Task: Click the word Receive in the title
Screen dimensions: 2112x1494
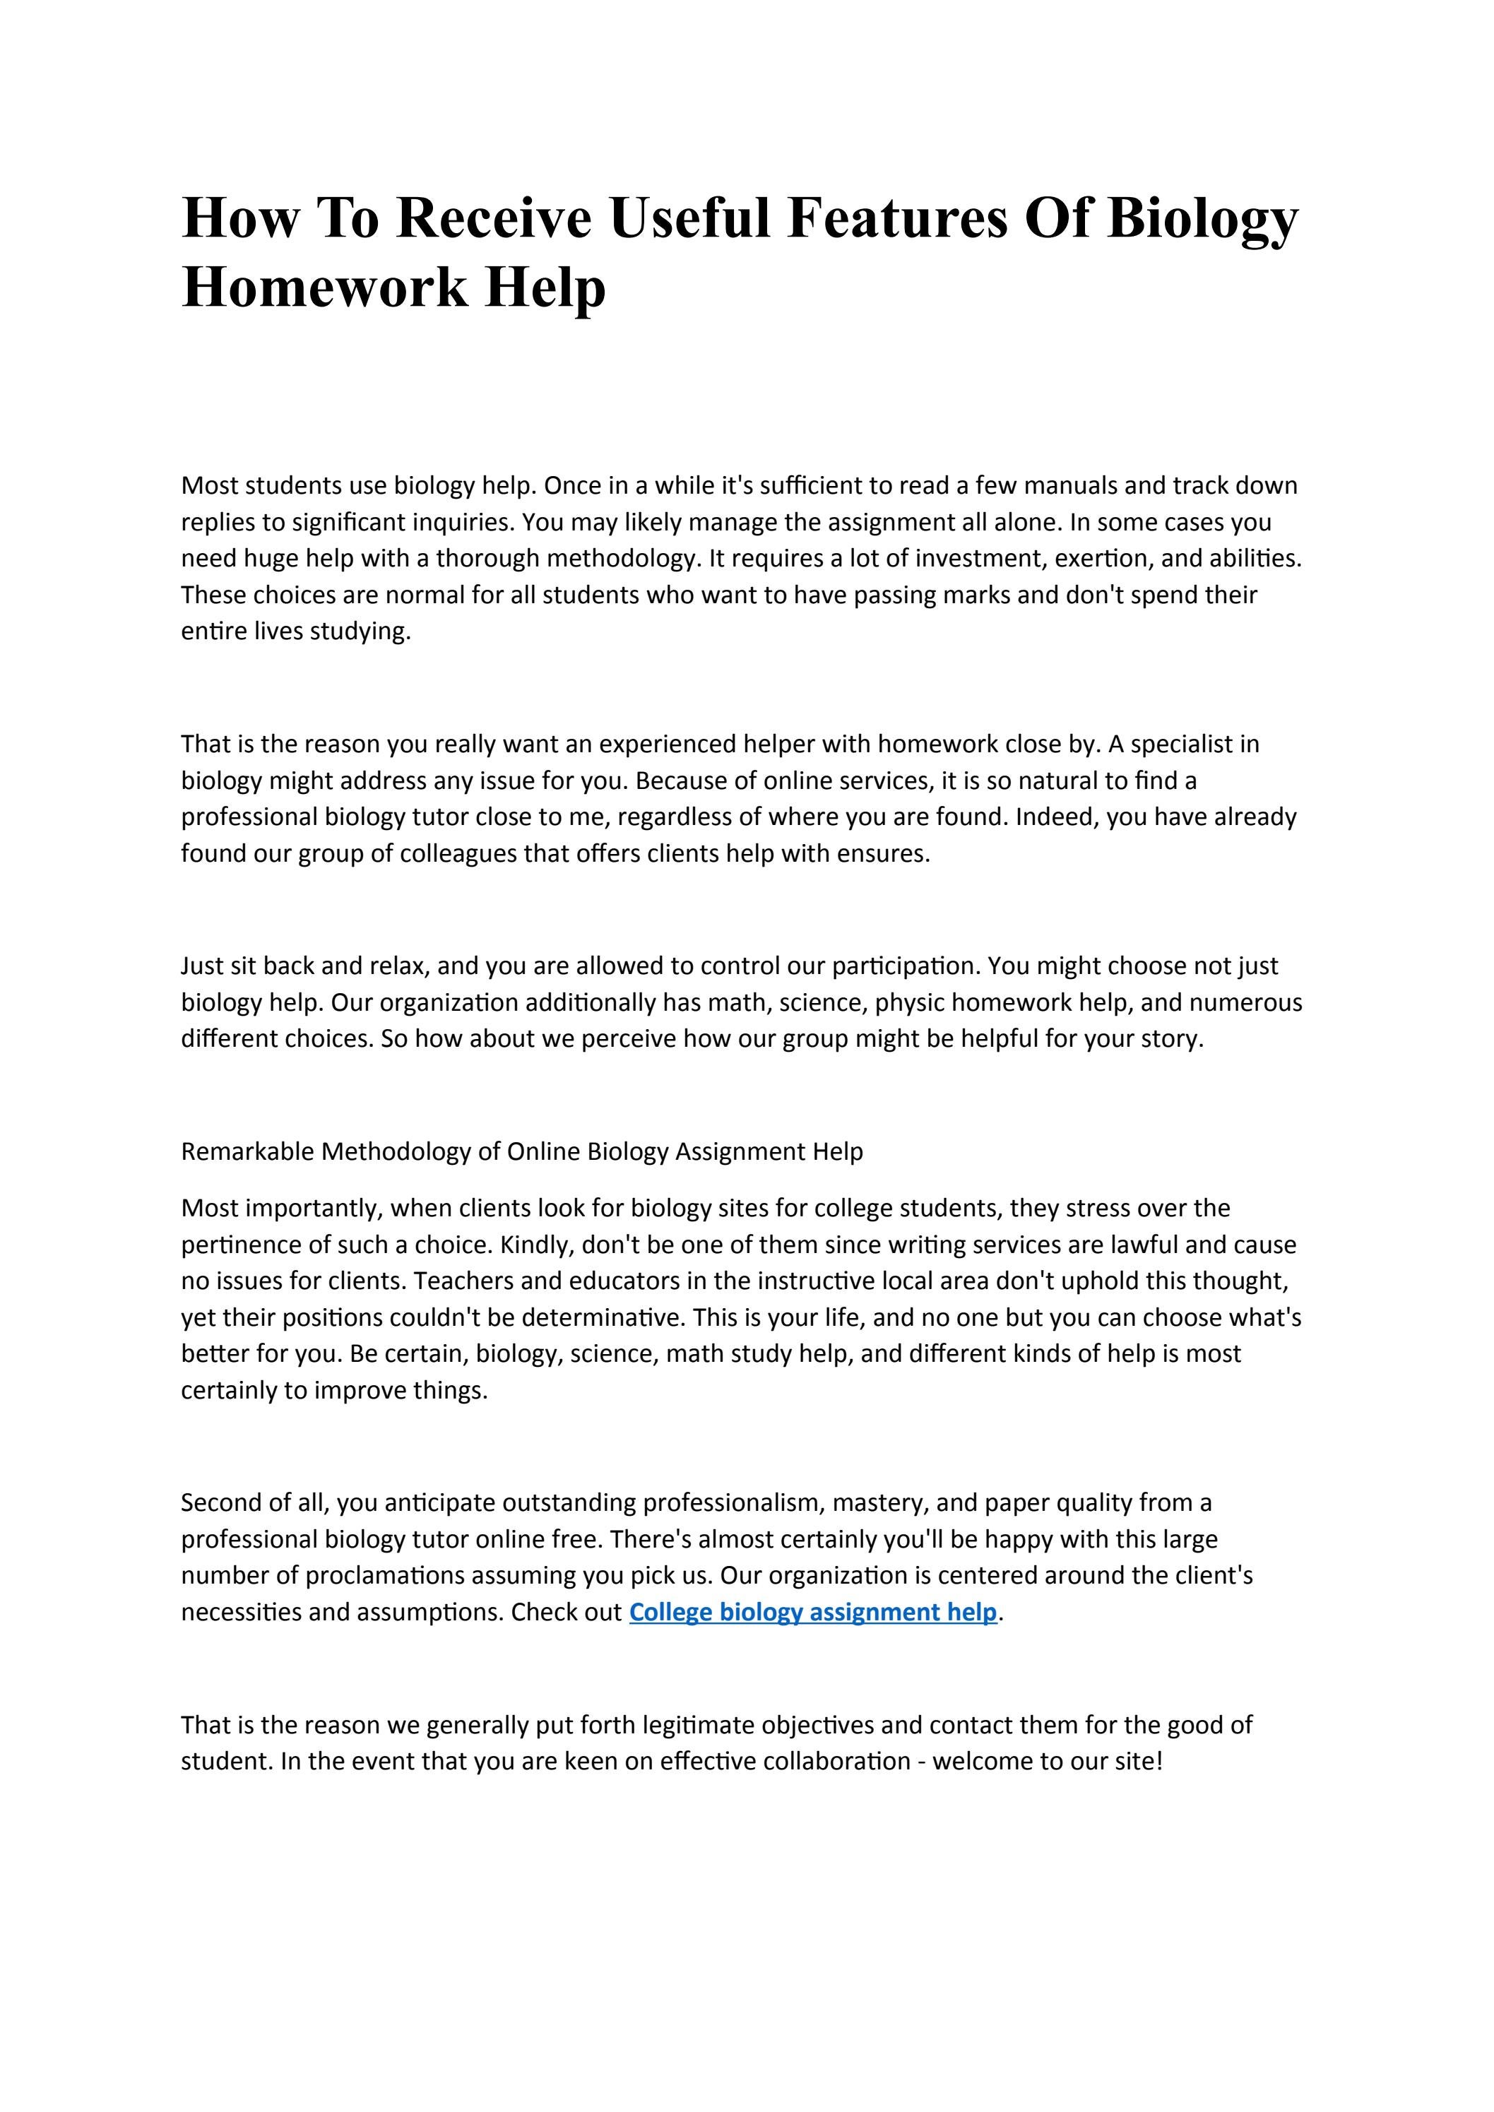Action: tap(493, 218)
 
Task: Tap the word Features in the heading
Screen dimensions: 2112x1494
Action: tap(897, 218)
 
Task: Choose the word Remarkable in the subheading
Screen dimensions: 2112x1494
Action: tap(247, 1151)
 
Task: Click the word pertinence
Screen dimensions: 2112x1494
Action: tap(235, 1245)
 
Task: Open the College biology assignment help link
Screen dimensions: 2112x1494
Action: tap(812, 1613)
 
